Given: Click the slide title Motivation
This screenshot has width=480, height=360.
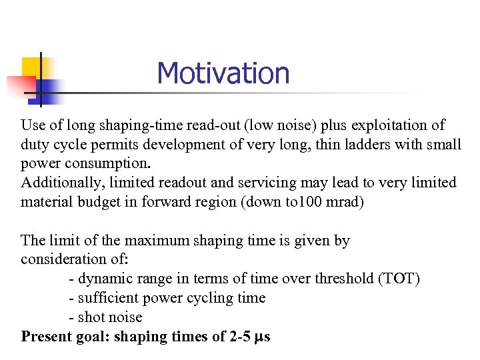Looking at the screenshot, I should tap(223, 73).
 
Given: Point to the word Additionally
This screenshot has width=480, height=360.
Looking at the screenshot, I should tap(58, 182).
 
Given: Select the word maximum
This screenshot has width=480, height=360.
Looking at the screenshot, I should tap(157, 240).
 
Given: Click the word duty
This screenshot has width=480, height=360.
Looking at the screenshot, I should tap(33, 144).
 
